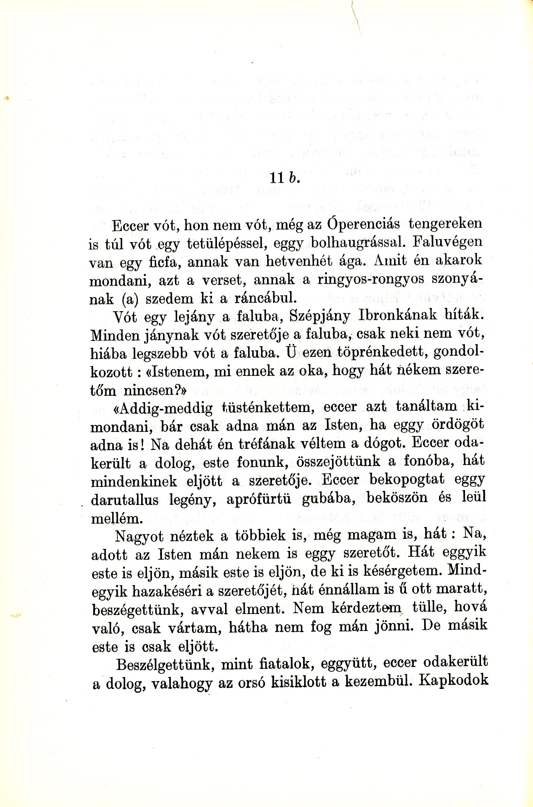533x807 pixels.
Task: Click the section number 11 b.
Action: coord(284,178)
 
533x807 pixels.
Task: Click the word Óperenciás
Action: coord(364,224)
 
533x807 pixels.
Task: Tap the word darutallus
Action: coord(125,500)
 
